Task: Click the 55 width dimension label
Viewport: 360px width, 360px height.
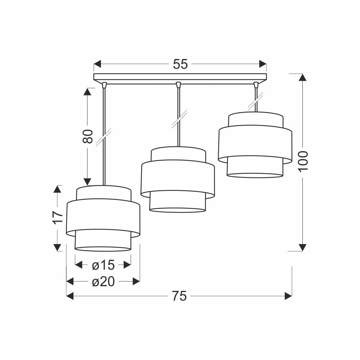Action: (180, 64)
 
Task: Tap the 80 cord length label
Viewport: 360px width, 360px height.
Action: (87, 136)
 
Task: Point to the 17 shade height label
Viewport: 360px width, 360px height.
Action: (57, 217)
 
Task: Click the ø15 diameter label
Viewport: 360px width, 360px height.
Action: (103, 265)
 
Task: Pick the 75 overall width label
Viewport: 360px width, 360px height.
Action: (180, 296)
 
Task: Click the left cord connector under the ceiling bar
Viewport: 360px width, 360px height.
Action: (104, 85)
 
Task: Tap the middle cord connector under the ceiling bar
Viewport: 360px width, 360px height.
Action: (178, 85)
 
